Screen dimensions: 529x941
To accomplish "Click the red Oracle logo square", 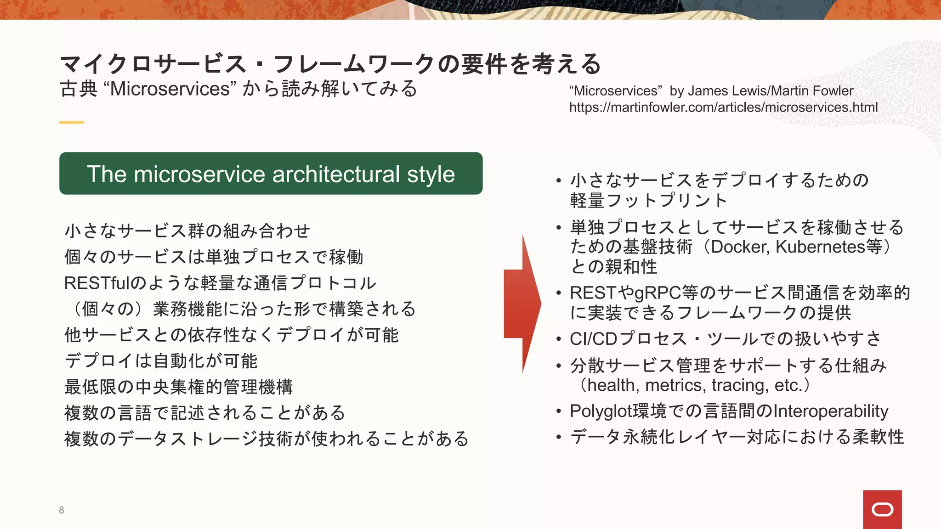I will point(882,509).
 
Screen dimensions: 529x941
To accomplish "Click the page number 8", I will point(61,510).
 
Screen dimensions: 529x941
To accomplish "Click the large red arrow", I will point(523,304).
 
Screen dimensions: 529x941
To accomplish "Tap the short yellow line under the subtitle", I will point(72,122).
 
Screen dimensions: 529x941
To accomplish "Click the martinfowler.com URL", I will point(723,107).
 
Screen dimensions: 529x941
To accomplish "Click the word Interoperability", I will point(831,411).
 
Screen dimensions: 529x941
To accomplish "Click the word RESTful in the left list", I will point(97,283).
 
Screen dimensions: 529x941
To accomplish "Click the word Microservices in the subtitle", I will point(170,89).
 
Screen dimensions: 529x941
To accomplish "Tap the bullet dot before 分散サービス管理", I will point(559,366).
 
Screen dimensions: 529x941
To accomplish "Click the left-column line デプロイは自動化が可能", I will point(161,360).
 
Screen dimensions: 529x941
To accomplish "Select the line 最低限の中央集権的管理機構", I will point(178,387).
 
